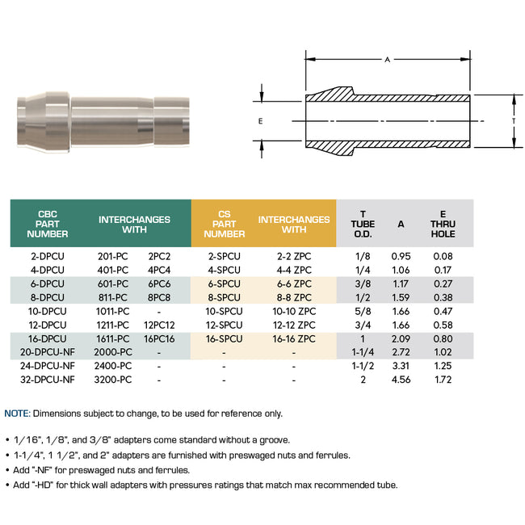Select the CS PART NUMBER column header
(x=224, y=223)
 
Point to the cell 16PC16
(x=159, y=338)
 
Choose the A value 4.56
(x=401, y=380)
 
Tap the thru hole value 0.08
(x=442, y=256)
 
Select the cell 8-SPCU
(x=224, y=297)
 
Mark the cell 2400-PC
(x=113, y=366)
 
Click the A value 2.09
(x=401, y=338)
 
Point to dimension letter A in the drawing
(x=387, y=60)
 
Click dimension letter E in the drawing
(x=260, y=120)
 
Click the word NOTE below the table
(x=18, y=414)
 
